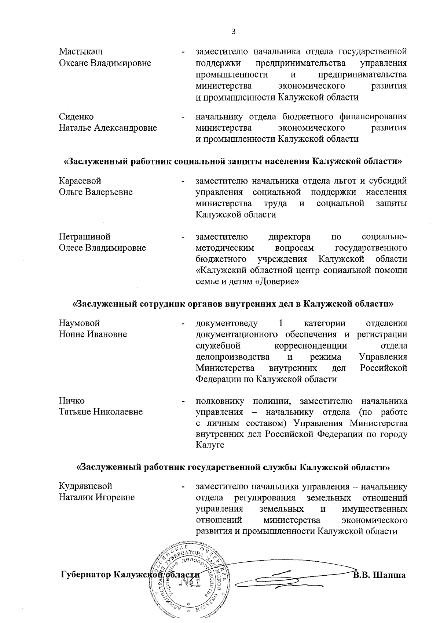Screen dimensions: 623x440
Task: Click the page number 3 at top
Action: click(x=233, y=32)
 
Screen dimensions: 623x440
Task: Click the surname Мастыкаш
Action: click(x=81, y=52)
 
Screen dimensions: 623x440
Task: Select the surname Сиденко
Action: click(x=76, y=117)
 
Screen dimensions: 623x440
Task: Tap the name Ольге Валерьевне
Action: click(x=96, y=192)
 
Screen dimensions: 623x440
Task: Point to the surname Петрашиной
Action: click(x=85, y=236)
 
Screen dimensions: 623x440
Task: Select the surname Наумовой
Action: click(x=79, y=323)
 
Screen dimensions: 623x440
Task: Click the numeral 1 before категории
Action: click(x=281, y=323)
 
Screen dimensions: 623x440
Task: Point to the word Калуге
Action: click(x=210, y=445)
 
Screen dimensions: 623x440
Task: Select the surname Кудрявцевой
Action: click(x=85, y=486)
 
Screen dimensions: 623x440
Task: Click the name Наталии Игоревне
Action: click(x=97, y=497)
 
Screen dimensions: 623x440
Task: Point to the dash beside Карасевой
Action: click(x=183, y=181)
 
